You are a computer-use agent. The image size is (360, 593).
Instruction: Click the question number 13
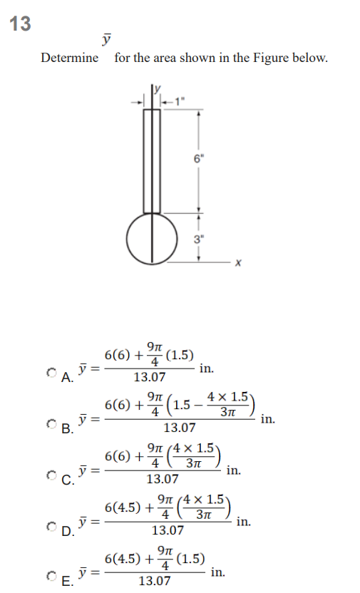click(21, 24)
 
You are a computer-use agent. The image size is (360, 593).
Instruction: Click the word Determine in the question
click(70, 58)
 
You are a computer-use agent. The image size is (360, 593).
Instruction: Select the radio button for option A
click(51, 371)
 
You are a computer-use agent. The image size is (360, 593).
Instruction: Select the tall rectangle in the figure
click(152, 160)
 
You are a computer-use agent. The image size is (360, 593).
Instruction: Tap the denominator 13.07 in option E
click(154, 581)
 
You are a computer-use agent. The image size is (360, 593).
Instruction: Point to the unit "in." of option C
click(233, 470)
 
